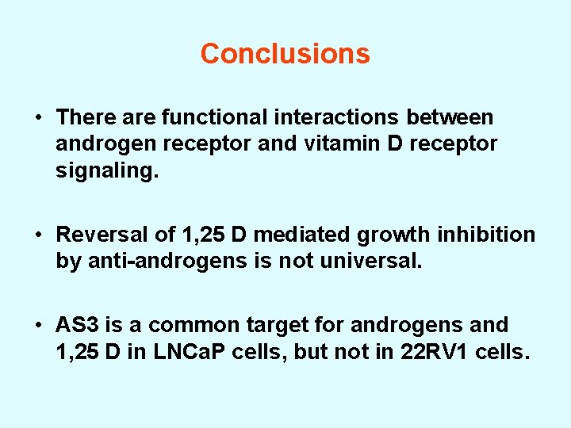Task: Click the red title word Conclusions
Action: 285,54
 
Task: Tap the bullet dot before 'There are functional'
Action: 38,118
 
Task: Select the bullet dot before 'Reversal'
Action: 38,235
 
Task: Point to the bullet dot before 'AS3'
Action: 38,326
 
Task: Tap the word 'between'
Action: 450,117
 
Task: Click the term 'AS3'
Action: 75,325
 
